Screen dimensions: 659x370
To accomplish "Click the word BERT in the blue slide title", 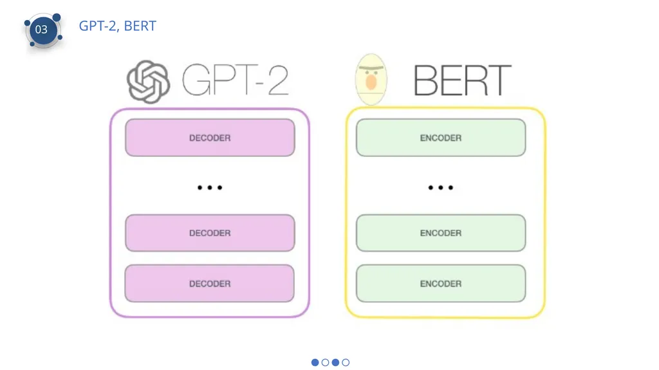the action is [x=140, y=26].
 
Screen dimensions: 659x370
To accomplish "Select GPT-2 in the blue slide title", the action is [x=98, y=26].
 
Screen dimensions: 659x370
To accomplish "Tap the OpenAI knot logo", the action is [x=149, y=82].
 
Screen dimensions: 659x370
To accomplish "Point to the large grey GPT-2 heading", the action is [x=236, y=80].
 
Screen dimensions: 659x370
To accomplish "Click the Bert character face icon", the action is [x=371, y=79].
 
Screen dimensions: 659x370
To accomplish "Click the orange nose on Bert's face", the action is [x=371, y=82].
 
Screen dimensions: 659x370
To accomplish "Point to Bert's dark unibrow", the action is [x=371, y=68].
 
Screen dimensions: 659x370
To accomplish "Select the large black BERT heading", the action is [x=462, y=80].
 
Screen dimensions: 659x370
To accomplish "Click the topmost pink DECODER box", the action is [x=210, y=138].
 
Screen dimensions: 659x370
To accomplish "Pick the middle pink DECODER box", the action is [x=210, y=233].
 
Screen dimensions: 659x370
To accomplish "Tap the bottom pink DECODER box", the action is [x=210, y=283].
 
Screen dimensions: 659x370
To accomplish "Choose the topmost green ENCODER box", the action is [x=441, y=138].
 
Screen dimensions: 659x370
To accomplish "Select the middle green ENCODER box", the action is [x=441, y=233].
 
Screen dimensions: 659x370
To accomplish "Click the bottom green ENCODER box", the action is [x=441, y=283].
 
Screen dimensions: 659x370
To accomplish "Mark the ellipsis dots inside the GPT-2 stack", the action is [x=210, y=187].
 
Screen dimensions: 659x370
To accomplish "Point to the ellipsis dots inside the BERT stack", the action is [x=440, y=187].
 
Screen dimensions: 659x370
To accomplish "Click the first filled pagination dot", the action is [x=315, y=362].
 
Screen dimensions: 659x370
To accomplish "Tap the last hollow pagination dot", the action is [x=346, y=362].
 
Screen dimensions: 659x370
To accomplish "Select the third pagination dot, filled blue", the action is [x=335, y=362].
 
